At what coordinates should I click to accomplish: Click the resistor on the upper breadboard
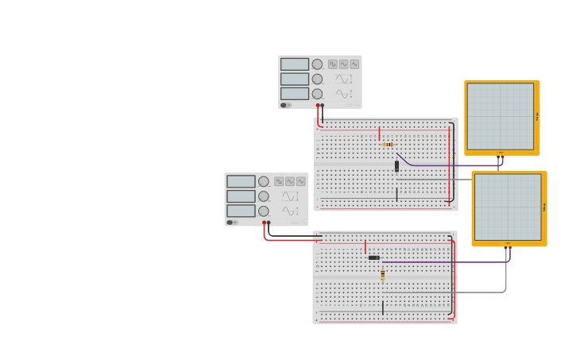point(388,145)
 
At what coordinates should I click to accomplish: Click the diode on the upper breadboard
point(396,166)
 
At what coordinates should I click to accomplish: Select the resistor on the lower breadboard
point(382,276)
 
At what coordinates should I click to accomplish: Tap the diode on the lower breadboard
point(373,257)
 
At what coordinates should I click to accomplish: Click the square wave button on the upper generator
point(333,64)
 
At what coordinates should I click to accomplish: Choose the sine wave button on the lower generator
point(301,182)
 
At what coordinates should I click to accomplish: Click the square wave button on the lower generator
point(279,182)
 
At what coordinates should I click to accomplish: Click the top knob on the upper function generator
point(317,64)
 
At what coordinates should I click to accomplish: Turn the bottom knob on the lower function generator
point(263,211)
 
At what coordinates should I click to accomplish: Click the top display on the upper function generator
point(294,64)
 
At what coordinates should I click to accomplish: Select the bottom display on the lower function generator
point(241,211)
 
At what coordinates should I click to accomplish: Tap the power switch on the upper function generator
point(285,105)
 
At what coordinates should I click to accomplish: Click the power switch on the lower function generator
point(231,223)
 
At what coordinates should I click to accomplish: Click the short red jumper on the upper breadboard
point(379,134)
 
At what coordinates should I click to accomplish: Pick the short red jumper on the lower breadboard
point(365,247)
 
